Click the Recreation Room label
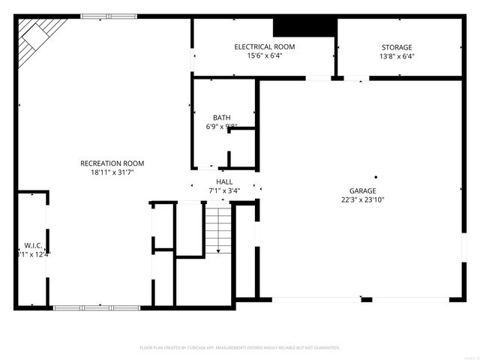tap(112, 163)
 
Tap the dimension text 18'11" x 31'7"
tap(112, 172)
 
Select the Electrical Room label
tap(264, 46)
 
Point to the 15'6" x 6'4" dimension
tap(264, 55)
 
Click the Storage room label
tap(397, 47)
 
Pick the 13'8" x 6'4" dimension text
tap(397, 56)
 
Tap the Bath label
tap(221, 117)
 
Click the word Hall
tap(224, 181)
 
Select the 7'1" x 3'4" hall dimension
tap(224, 190)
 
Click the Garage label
tap(361, 190)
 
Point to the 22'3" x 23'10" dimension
tap(361, 199)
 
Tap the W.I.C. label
tap(32, 244)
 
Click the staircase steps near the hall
tap(217, 229)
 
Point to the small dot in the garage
tap(376, 177)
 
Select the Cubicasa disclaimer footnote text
tap(240, 348)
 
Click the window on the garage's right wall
tap(463, 255)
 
